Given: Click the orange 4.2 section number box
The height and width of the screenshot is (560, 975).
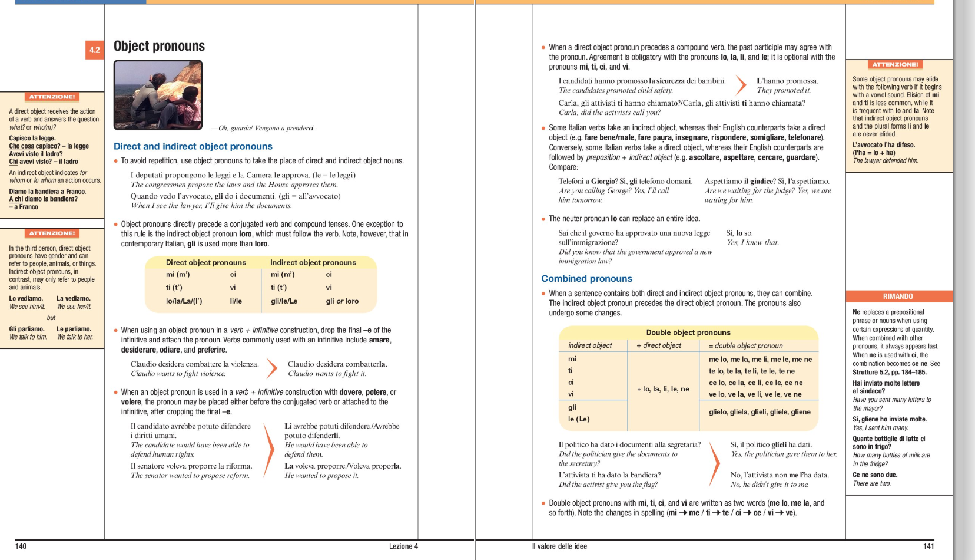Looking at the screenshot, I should point(94,50).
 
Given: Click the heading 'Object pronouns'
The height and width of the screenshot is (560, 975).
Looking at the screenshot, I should point(159,46).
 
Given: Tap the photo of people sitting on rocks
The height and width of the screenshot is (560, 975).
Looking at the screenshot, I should point(158,95).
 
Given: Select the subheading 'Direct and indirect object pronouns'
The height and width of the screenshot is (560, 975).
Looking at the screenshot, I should point(193,146).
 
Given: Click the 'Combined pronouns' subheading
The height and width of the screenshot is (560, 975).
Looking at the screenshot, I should point(586,279).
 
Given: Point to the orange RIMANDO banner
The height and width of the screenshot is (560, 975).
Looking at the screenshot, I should point(898,296).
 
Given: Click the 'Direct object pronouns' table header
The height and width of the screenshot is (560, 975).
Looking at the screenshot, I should point(205,262).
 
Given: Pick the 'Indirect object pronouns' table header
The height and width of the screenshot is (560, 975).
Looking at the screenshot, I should point(313,262).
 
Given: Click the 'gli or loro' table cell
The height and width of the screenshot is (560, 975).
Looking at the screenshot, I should point(342,301).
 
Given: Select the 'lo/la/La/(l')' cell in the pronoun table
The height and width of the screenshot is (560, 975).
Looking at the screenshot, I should point(184,301).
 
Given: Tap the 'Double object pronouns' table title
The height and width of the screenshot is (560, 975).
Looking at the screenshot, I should point(688,332).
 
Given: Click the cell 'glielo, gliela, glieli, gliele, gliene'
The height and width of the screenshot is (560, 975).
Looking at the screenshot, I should point(760,412).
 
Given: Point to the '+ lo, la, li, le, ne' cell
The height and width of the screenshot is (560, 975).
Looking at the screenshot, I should point(663,389).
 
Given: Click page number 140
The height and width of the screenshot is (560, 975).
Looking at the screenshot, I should point(21,546).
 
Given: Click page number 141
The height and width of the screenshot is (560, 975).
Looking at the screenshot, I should point(928,546).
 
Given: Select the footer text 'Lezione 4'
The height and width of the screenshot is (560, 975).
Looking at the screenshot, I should point(403,546).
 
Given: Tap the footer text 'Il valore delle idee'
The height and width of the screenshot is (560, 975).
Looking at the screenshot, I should point(559,546).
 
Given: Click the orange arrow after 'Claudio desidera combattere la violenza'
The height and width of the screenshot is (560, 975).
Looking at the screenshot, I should point(271,368).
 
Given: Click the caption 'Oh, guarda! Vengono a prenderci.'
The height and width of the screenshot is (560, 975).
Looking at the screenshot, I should point(266,128).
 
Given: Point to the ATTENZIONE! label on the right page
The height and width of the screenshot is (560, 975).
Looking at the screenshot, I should point(895,65).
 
